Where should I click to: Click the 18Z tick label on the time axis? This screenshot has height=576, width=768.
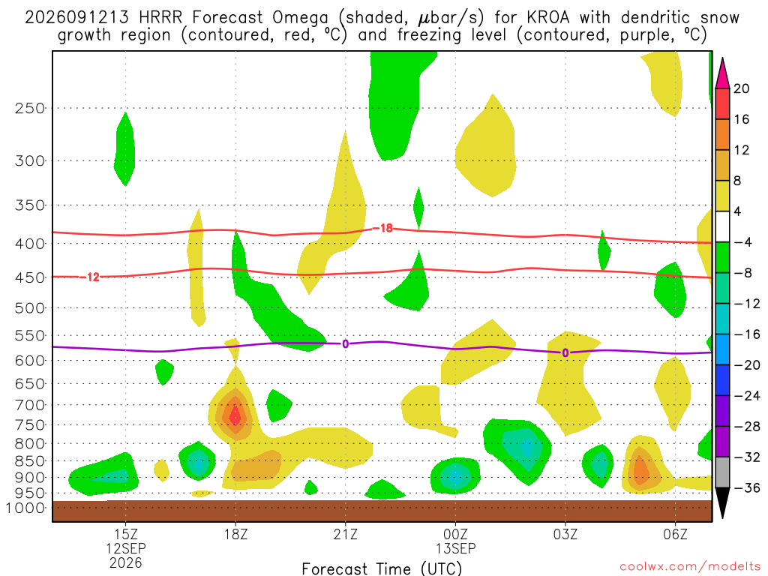pyautogui.click(x=235, y=534)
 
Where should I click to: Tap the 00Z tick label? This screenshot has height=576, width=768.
pyautogui.click(x=455, y=534)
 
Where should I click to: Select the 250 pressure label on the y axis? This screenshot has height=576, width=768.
pyautogui.click(x=30, y=108)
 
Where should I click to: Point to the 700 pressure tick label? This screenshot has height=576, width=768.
pyautogui.click(x=30, y=405)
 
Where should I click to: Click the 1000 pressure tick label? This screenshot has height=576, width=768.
pyautogui.click(x=25, y=508)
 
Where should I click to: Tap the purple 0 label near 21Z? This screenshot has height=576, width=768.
pyautogui.click(x=345, y=343)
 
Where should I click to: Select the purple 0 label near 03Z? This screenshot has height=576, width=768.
pyautogui.click(x=565, y=352)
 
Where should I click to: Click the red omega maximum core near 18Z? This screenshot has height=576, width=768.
pyautogui.click(x=235, y=415)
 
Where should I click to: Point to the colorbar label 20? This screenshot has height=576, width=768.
pyautogui.click(x=742, y=88)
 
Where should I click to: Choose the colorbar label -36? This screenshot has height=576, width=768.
pyautogui.click(x=747, y=487)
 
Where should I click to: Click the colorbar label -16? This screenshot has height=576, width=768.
pyautogui.click(x=747, y=334)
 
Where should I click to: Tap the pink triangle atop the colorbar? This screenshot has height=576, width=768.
pyautogui.click(x=722, y=73)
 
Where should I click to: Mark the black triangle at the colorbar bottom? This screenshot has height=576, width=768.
pyautogui.click(x=722, y=503)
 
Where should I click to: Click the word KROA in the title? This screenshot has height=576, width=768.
pyautogui.click(x=548, y=18)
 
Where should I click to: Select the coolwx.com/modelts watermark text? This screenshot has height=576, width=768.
pyautogui.click(x=690, y=567)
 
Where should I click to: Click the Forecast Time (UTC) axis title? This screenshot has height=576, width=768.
pyautogui.click(x=382, y=568)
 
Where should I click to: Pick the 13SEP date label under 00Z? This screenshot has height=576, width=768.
pyautogui.click(x=455, y=548)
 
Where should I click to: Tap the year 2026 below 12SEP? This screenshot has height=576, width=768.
pyautogui.click(x=126, y=562)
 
